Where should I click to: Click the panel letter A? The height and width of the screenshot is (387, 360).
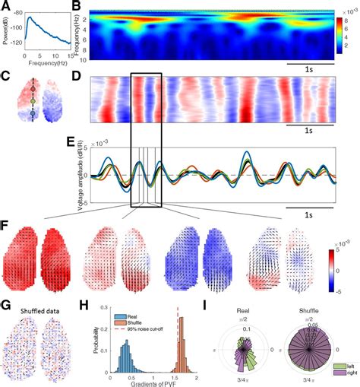(x=6, y=6)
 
